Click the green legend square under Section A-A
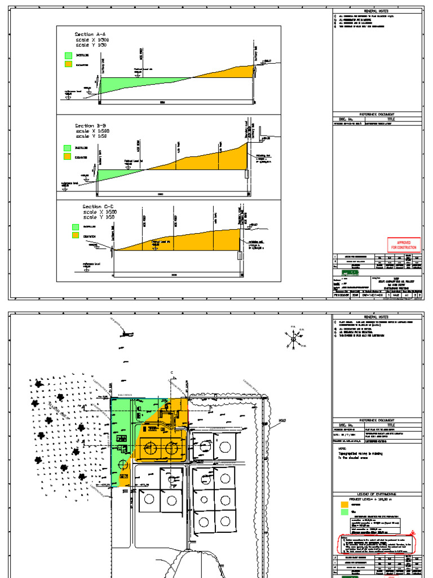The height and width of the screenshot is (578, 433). [x=68, y=56]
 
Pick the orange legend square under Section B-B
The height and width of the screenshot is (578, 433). [x=68, y=156]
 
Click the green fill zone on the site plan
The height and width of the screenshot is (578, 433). [x=121, y=429]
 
